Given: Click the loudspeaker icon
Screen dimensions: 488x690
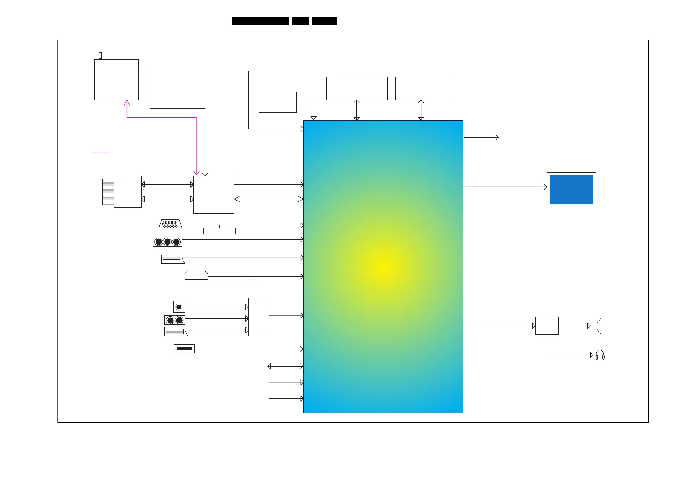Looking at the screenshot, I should (598, 326).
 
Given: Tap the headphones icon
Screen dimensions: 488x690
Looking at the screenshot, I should (600, 355).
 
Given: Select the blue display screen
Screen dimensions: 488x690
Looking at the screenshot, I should (571, 190).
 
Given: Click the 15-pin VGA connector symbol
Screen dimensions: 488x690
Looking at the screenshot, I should (170, 224).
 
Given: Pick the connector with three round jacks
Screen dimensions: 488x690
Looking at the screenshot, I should (168, 242).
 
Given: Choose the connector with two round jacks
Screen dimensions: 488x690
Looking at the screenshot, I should (175, 320).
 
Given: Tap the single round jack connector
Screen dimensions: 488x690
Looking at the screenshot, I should (179, 307).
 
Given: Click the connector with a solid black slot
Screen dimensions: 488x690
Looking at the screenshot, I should (184, 349).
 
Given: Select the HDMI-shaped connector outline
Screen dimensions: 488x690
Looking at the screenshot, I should (196, 275).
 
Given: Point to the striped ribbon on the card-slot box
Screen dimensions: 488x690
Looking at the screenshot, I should (108, 192).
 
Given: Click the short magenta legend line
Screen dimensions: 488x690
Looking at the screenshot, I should (101, 152).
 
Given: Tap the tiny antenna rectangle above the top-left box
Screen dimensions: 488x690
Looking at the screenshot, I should (100, 55).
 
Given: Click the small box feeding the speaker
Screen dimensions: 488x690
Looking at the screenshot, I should (547, 326).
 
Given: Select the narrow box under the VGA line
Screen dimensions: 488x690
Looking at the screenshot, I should (219, 231).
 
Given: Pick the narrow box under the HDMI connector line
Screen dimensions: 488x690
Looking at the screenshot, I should (240, 283).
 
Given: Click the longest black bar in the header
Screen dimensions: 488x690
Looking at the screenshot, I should (260, 21).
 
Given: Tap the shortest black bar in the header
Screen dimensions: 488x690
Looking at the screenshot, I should (301, 21).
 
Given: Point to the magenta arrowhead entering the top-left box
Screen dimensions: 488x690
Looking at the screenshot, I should (127, 103).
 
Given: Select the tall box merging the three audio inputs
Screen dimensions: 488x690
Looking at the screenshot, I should (258, 317).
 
